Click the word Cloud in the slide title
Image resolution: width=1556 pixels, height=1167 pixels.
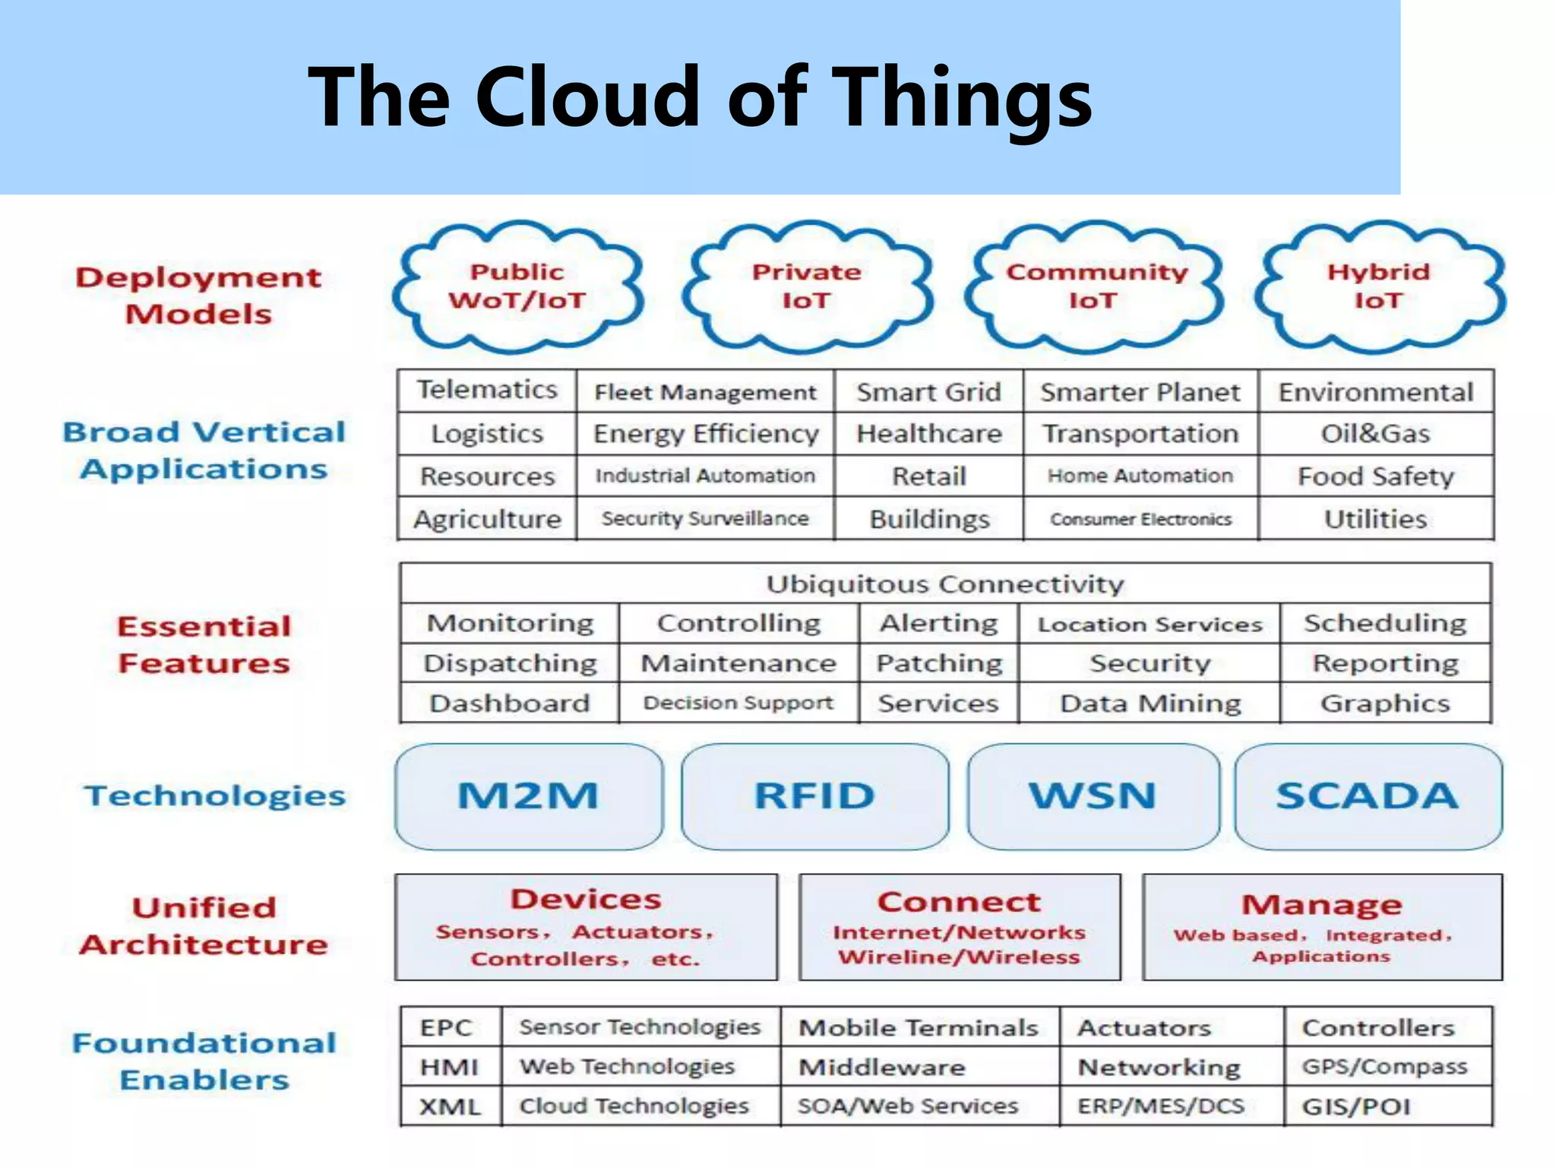pos(587,97)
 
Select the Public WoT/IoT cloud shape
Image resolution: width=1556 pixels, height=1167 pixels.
pos(517,286)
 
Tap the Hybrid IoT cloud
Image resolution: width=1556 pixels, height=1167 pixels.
pos(1378,286)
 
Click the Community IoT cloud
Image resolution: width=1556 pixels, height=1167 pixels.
pos(1095,286)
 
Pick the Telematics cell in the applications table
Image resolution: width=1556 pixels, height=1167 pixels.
pos(487,390)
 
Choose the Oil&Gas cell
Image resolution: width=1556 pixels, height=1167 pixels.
pos(1375,433)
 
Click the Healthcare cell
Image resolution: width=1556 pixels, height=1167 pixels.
pos(929,433)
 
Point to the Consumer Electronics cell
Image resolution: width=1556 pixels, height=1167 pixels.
pos(1140,519)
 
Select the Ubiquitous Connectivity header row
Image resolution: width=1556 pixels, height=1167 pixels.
pos(944,583)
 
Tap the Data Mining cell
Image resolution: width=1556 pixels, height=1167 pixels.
pos(1150,703)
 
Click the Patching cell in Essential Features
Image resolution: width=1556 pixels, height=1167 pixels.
pos(939,663)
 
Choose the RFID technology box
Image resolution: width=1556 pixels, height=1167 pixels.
pos(814,795)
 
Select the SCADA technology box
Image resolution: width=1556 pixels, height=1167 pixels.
pos(1367,795)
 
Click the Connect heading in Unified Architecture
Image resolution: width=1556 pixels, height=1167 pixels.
pos(959,902)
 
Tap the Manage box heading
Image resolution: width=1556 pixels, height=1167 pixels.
pos(1322,905)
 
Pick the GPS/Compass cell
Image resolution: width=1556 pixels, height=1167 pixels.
pos(1384,1067)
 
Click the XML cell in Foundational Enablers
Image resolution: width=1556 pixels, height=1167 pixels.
pos(450,1106)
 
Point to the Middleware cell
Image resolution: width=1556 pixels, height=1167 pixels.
pos(881,1067)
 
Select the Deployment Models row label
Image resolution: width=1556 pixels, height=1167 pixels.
pos(198,296)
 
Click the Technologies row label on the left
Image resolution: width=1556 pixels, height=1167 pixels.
pos(215,795)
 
